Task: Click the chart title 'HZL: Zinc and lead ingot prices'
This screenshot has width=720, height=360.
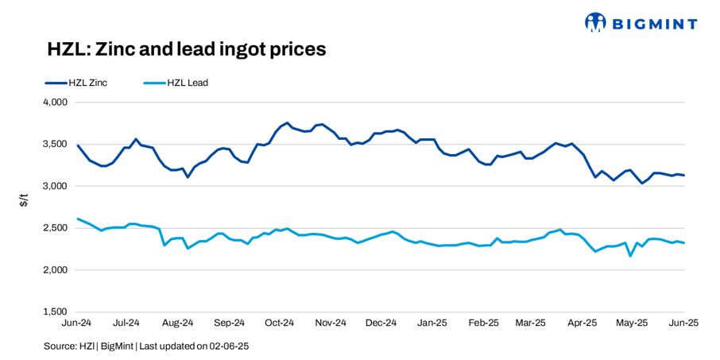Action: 188,49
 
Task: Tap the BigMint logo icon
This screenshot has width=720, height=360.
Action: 595,22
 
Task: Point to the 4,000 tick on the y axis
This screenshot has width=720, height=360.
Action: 54,103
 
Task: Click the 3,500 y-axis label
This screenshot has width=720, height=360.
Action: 54,145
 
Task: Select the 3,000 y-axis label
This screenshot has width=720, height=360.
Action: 54,186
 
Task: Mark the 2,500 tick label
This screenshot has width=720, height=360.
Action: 54,228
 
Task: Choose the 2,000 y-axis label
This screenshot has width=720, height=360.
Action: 54,270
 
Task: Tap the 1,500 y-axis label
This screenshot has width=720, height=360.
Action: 54,312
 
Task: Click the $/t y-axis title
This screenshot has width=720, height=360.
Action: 24,203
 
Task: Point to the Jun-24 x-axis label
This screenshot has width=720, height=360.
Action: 77,323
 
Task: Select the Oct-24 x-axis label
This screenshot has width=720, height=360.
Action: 279,323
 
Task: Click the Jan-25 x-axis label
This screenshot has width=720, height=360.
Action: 432,323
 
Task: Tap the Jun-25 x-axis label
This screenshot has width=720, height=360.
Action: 683,323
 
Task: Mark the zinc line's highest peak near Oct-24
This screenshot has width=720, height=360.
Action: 287,123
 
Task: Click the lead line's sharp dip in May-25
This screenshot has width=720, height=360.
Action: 630,255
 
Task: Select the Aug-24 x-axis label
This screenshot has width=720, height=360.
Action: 178,323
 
